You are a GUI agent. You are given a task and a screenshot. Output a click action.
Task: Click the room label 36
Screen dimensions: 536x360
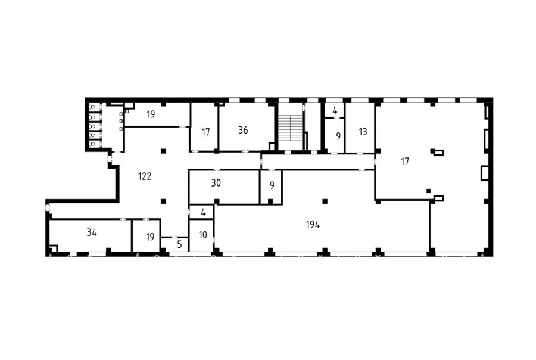pyautogui.click(x=243, y=130)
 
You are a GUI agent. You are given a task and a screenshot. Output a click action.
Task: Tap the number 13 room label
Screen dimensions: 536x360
pyautogui.click(x=363, y=131)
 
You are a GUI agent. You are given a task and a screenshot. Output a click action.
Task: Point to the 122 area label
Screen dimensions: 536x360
pyautogui.click(x=145, y=176)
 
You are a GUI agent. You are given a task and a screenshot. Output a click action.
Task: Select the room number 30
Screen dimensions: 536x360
pyautogui.click(x=216, y=183)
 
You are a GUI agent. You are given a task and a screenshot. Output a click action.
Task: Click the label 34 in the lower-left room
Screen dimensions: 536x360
pyautogui.click(x=92, y=232)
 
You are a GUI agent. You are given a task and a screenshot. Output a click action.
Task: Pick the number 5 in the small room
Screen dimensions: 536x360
pyautogui.click(x=179, y=245)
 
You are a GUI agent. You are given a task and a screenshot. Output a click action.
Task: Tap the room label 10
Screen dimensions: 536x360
pyautogui.click(x=202, y=235)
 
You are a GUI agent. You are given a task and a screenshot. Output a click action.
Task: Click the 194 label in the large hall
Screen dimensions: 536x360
pyautogui.click(x=313, y=225)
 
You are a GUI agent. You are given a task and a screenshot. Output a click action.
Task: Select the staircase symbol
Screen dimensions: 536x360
pyautogui.click(x=290, y=128)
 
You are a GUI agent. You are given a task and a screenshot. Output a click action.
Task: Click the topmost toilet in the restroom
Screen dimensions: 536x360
pyautogui.click(x=92, y=107)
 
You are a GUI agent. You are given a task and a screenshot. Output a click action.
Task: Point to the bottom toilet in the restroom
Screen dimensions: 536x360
pyautogui.click(x=92, y=144)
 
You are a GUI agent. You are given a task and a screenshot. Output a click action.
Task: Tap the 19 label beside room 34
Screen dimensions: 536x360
pyautogui.click(x=150, y=237)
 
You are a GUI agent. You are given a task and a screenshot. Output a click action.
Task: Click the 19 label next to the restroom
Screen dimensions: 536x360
pyautogui.click(x=151, y=114)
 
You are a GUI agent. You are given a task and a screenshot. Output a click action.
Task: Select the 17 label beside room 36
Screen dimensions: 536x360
pyautogui.click(x=205, y=132)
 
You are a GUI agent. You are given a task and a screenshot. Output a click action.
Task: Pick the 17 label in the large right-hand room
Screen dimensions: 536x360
pyautogui.click(x=405, y=161)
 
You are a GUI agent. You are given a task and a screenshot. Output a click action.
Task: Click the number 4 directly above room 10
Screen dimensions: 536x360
pyautogui.click(x=204, y=212)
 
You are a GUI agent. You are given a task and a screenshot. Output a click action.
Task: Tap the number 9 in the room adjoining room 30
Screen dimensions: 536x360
pyautogui.click(x=272, y=185)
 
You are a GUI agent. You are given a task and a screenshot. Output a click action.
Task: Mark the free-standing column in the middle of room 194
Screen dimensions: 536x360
pyautogui.click(x=325, y=201)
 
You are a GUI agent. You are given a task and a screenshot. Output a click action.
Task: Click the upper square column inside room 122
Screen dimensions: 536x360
pyautogui.click(x=163, y=151)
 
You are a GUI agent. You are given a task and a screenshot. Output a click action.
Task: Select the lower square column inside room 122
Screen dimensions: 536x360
pyautogui.click(x=163, y=201)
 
